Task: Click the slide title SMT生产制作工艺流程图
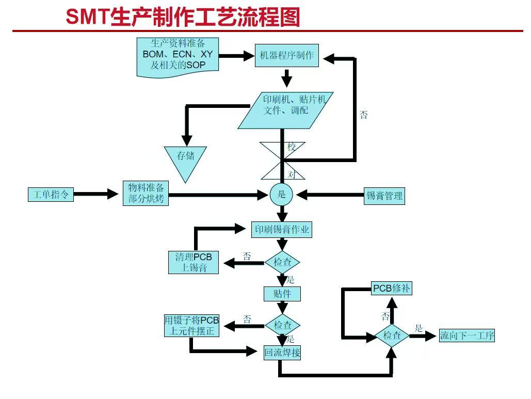point(183,17)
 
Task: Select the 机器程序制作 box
point(286,56)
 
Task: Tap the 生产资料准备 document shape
point(178,56)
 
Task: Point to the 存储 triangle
point(185,157)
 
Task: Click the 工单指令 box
point(51,195)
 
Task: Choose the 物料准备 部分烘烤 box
point(146,193)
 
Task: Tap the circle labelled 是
point(281,195)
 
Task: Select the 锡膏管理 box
point(384,196)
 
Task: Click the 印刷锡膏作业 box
point(282,229)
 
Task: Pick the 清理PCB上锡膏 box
point(194,262)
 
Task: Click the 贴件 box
point(282,294)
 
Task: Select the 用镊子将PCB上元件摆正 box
point(191,326)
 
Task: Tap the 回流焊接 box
point(282,353)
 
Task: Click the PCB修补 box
point(392,289)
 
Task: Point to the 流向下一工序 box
point(466,336)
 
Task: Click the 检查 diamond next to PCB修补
point(392,336)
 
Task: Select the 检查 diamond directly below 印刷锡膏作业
point(282,262)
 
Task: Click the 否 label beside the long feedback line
point(364,115)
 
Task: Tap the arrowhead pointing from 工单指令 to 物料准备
point(113,194)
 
